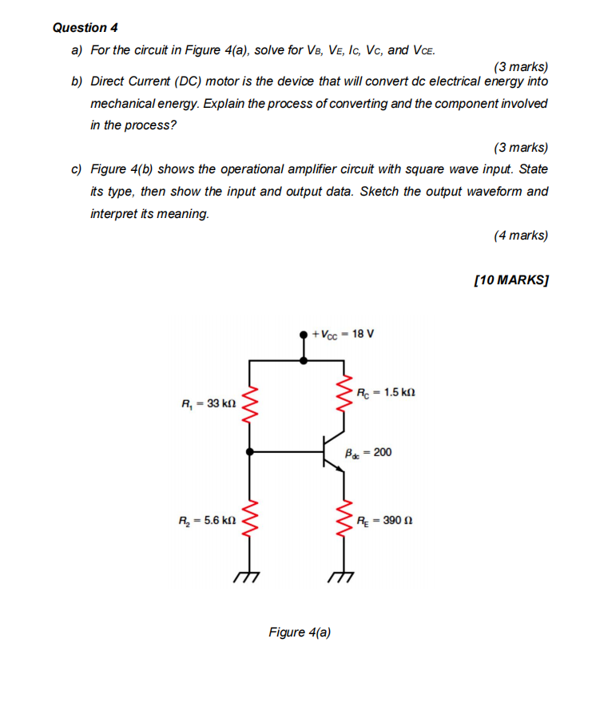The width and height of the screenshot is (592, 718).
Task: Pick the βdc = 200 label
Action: (x=368, y=453)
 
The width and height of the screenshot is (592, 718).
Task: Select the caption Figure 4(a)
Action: (x=300, y=633)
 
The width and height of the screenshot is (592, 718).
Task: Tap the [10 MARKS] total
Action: (x=511, y=280)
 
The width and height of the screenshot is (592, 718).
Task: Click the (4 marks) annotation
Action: (x=521, y=235)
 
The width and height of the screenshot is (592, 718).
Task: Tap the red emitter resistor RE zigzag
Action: (x=345, y=519)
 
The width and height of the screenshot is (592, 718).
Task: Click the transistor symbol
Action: (x=334, y=453)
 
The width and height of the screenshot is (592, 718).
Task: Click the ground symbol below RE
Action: (x=344, y=577)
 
